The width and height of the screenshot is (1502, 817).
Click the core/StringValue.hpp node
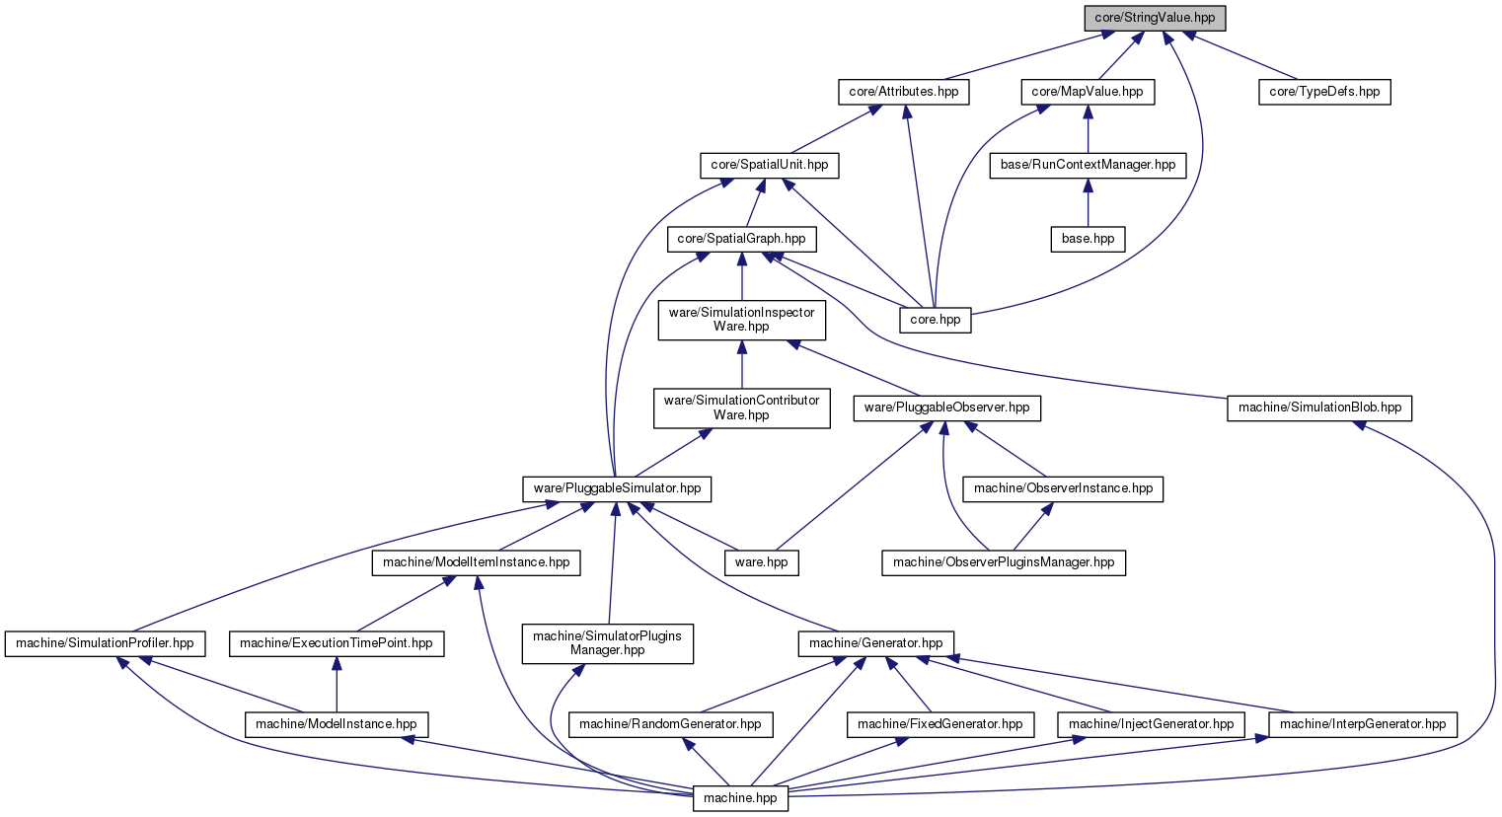1155,18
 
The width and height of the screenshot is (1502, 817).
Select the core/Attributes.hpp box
904,92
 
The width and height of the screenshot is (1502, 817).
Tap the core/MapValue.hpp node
1088,92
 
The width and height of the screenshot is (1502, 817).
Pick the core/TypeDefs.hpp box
1324,92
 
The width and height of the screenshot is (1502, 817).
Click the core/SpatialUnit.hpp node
769,166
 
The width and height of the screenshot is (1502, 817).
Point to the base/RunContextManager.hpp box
1088,166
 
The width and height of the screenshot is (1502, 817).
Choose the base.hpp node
1088,239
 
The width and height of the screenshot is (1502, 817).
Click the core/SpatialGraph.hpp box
741,239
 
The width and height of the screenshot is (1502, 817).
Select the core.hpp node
935,321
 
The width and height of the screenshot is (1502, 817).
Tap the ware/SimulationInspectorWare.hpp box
741,321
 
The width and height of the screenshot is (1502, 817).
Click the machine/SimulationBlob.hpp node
1319,408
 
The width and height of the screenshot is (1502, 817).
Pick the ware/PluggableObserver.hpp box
946,408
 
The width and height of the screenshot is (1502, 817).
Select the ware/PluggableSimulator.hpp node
617,489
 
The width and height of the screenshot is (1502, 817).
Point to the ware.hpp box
761,563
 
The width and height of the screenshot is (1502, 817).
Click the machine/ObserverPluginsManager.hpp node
1003,563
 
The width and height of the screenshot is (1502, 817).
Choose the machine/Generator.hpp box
875,644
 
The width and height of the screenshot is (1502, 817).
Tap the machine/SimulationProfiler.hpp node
105,644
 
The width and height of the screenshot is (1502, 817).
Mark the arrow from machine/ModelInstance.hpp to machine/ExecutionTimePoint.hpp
337,685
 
